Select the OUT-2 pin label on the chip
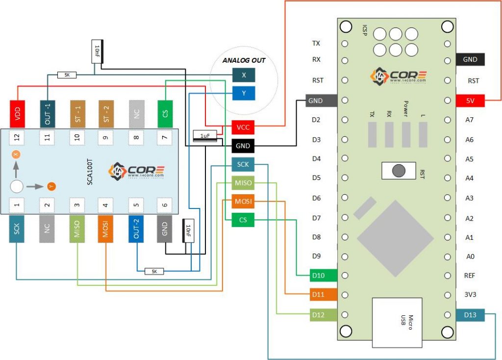point(136,229)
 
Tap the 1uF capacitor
point(204,135)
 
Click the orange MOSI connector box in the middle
point(243,202)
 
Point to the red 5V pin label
point(470,101)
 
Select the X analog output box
point(244,75)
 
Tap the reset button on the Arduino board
point(399,170)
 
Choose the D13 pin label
point(470,314)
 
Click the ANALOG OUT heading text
point(244,61)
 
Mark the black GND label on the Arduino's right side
point(470,59)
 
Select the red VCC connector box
point(243,128)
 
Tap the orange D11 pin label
point(318,295)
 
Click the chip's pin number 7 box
point(165,138)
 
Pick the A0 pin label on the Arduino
point(470,256)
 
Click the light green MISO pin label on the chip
point(77,229)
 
